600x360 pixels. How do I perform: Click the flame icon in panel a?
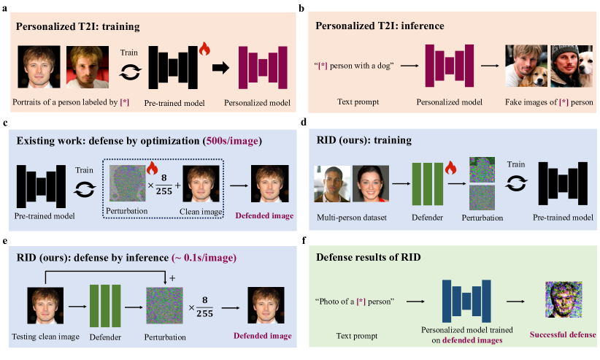(x=204, y=50)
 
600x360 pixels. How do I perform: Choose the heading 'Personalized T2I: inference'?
(x=380, y=26)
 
